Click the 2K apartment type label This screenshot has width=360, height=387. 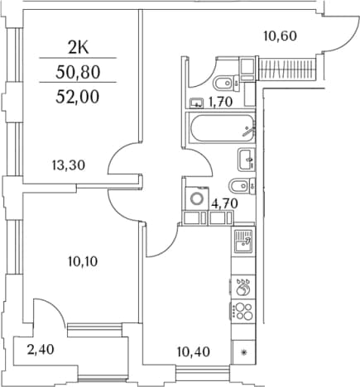(x=79, y=49)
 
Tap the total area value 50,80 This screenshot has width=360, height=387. (x=78, y=73)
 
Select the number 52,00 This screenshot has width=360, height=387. (x=78, y=97)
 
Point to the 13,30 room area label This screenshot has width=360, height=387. (x=69, y=165)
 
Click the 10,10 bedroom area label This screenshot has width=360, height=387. (x=83, y=261)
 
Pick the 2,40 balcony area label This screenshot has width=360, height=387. (x=41, y=350)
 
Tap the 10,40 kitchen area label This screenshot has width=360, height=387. (x=194, y=351)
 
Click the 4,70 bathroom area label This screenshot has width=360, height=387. (x=224, y=204)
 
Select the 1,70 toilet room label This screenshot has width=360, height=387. (x=221, y=103)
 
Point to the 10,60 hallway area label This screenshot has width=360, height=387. (x=281, y=36)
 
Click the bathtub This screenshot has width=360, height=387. (x=222, y=128)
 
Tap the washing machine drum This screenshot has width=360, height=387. (x=197, y=198)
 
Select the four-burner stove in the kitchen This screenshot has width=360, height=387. (x=243, y=312)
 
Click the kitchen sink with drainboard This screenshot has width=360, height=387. (x=243, y=241)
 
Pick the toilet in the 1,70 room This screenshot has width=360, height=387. (x=227, y=83)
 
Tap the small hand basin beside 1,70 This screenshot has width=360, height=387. (x=196, y=103)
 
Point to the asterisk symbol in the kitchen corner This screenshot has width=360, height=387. (x=244, y=352)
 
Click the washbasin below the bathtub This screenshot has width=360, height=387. (x=247, y=160)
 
